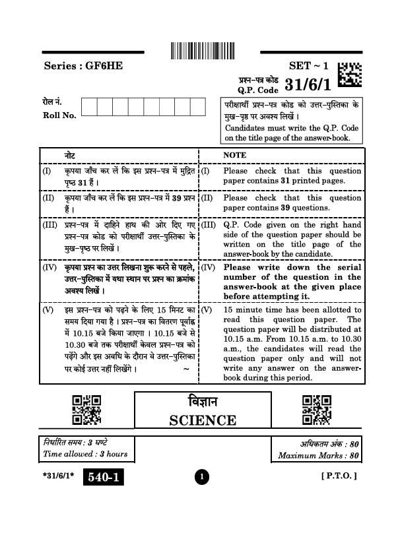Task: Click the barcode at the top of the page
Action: [x=199, y=51]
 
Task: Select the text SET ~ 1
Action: [x=308, y=66]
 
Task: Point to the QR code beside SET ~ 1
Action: [x=349, y=75]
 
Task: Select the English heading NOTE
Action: [x=234, y=154]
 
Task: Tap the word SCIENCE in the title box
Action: [x=203, y=420]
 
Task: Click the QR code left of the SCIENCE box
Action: [x=86, y=410]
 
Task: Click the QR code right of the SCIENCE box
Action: [x=316, y=410]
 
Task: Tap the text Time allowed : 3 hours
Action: [x=85, y=454]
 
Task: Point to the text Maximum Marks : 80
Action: [x=318, y=455]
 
